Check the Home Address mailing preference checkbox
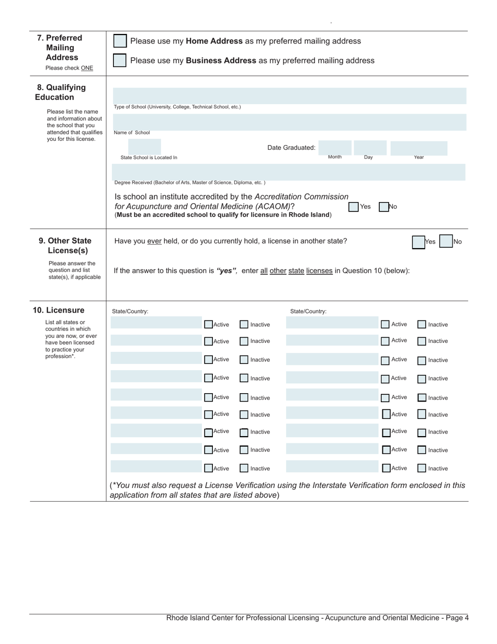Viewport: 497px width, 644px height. pyautogui.click(x=120, y=41)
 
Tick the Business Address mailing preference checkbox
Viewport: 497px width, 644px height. pyautogui.click(x=120, y=60)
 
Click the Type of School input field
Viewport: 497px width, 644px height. pyautogui.click(x=289, y=95)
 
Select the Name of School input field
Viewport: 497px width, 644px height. pyautogui.click(x=289, y=122)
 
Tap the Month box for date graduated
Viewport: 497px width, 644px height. pyautogui.click(x=335, y=148)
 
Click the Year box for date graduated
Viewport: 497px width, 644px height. pyautogui.click(x=419, y=148)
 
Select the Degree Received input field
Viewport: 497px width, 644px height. pyautogui.click(x=289, y=172)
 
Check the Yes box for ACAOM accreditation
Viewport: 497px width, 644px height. pyautogui.click(x=354, y=207)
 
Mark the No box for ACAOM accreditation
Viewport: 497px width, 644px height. pyautogui.click(x=383, y=207)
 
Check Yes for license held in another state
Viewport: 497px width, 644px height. pyautogui.click(x=419, y=242)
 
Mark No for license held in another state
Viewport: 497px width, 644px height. pyautogui.click(x=446, y=241)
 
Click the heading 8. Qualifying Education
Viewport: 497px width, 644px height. pyautogui.click(x=61, y=92)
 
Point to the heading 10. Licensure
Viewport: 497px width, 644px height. pyautogui.click(x=58, y=310)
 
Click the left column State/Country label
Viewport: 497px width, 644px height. pyautogui.click(x=130, y=311)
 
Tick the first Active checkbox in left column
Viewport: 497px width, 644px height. pyautogui.click(x=208, y=325)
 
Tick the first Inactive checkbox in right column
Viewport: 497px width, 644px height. pyautogui.click(x=422, y=325)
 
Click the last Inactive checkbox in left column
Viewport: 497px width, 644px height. pyautogui.click(x=244, y=468)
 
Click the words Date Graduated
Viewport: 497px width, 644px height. pyautogui.click(x=291, y=148)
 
